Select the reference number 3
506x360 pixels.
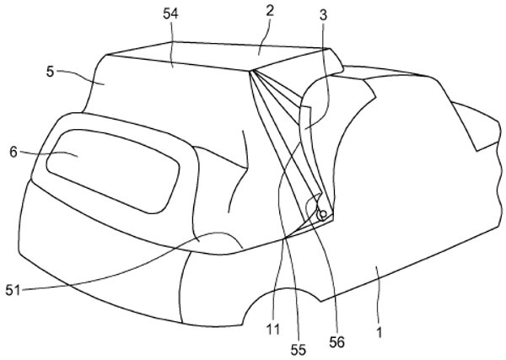pos(323,14)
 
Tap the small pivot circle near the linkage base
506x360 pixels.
pos(322,214)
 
